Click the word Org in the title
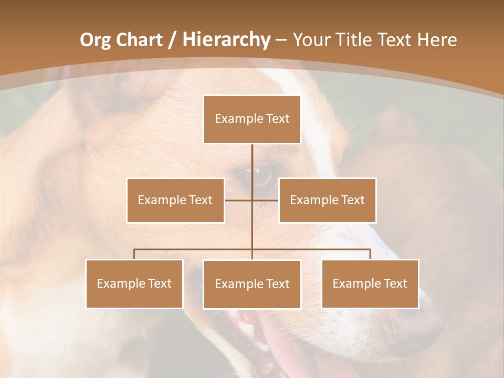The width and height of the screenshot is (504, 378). coord(95,40)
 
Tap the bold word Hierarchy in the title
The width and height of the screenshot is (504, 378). coord(226,40)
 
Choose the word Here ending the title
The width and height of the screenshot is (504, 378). coord(437,40)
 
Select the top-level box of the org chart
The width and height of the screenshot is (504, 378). coord(252,119)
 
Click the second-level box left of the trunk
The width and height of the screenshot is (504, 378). coord(175,200)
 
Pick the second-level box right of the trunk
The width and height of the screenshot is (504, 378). coord(327,200)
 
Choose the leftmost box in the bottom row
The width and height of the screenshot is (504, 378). coord(134,283)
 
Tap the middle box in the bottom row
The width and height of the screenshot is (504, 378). coord(252,284)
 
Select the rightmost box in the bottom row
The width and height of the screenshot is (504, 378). coord(370,283)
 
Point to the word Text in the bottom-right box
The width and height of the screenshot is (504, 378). coord(395,283)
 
